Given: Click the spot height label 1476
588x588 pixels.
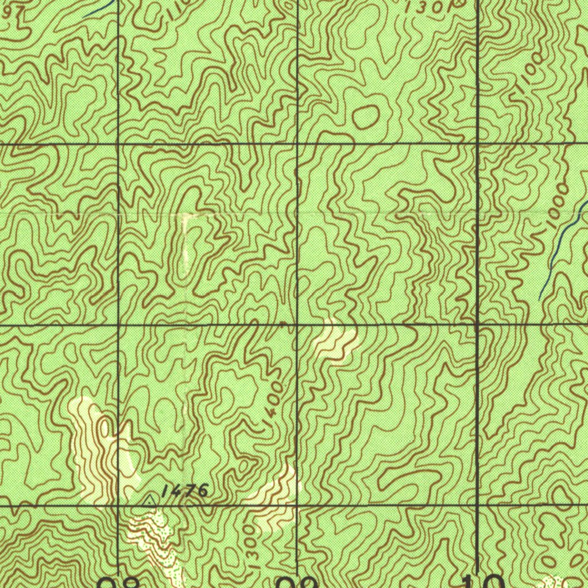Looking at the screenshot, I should click(x=184, y=490).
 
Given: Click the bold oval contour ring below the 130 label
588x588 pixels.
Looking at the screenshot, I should click(x=366, y=117).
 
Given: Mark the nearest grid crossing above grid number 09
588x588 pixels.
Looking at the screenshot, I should click(x=297, y=505).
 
